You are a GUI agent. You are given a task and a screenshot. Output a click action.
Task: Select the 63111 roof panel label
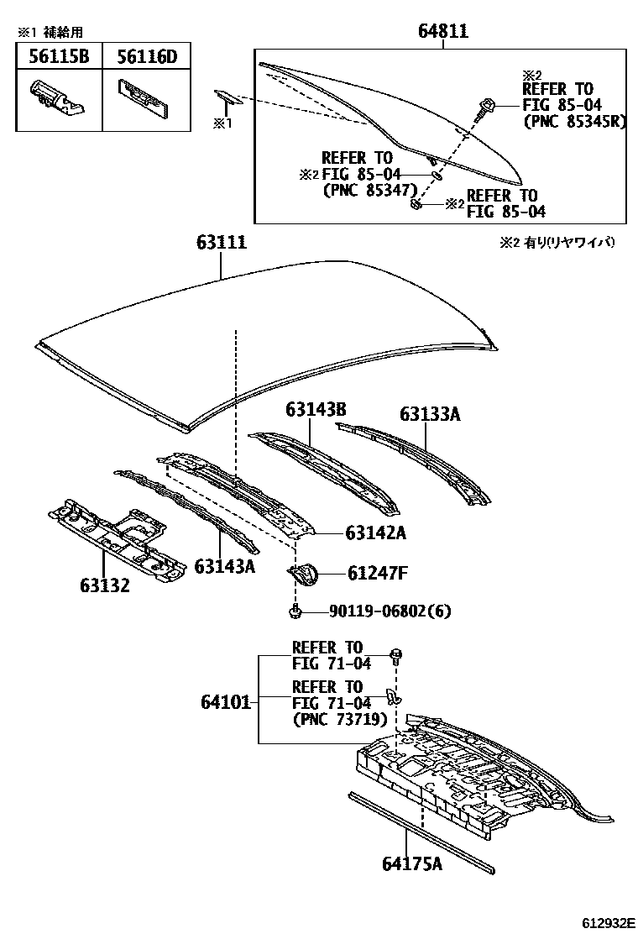tap(222, 243)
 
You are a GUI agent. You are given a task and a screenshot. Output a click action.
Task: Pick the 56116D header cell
tap(146, 57)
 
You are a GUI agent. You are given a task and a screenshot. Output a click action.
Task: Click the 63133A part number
tap(430, 414)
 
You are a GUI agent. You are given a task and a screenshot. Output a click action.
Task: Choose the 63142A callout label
tap(376, 532)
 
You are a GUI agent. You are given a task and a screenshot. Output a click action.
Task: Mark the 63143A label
tap(225, 567)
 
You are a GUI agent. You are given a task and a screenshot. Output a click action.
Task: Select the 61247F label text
tap(378, 574)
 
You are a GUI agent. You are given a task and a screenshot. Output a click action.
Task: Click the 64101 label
tap(226, 700)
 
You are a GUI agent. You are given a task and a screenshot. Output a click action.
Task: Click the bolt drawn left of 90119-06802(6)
tap(295, 611)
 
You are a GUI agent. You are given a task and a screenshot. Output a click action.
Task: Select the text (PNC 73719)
tap(339, 719)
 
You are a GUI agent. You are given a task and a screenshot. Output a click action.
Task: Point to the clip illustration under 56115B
tap(57, 96)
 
